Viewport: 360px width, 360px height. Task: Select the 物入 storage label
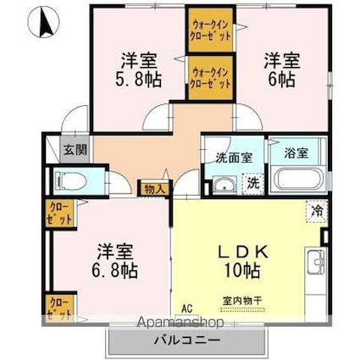pos(155,188)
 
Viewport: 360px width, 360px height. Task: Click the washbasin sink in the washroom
pos(224,184)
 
